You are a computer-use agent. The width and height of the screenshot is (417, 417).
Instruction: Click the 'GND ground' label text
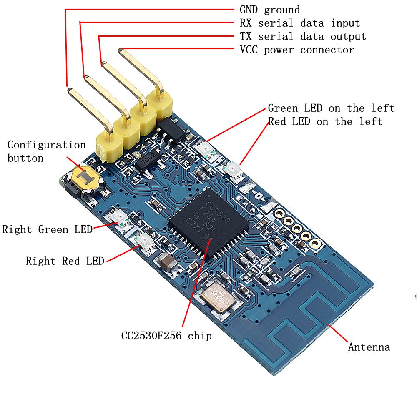pyautogui.click(x=269, y=10)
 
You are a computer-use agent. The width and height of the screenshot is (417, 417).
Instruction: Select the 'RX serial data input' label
pyautogui.click(x=299, y=23)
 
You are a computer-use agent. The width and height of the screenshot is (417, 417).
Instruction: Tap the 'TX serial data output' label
pyautogui.click(x=302, y=37)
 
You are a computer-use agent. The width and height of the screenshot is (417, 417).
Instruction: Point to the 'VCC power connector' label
pyautogui.click(x=296, y=50)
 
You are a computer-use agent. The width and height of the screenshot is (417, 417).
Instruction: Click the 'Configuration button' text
pyautogui.click(x=46, y=151)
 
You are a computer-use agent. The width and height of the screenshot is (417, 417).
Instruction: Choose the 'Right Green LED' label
pyautogui.click(x=47, y=229)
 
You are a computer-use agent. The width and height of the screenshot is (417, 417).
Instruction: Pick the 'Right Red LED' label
pyautogui.click(x=65, y=261)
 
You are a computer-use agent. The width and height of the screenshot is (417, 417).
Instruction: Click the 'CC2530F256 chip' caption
pyautogui.click(x=166, y=336)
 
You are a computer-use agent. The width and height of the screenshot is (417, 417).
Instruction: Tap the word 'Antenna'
pyautogui.click(x=369, y=347)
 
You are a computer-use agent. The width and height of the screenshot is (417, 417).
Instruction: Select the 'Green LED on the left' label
pyautogui.click(x=331, y=108)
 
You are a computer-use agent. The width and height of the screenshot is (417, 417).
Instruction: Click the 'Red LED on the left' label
pyautogui.click(x=325, y=122)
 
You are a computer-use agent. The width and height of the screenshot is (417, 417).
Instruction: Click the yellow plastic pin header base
pyautogui.click(x=133, y=127)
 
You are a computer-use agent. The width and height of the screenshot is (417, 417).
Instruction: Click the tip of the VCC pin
pyautogui.click(x=121, y=51)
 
